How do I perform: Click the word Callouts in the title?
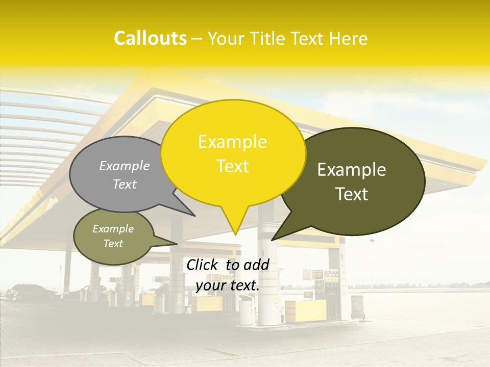point(150,38)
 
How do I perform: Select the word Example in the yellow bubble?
point(232,142)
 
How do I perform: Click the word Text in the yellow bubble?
point(232,166)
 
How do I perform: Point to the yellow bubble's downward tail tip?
point(235,234)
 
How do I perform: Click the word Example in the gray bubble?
point(125,166)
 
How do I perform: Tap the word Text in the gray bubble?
point(125,184)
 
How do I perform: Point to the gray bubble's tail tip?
point(194,216)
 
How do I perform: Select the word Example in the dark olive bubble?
point(352,170)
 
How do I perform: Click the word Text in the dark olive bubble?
point(352,194)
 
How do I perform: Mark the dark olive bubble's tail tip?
point(272,240)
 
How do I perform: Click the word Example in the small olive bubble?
point(113,229)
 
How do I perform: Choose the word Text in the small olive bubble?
point(113,244)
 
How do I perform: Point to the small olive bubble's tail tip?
point(177,244)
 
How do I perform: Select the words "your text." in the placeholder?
point(228,285)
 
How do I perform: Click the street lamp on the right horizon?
point(372,260)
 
